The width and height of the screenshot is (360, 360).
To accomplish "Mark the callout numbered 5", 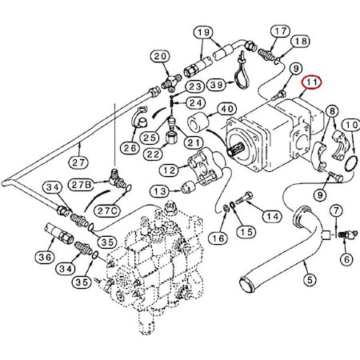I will [310, 281].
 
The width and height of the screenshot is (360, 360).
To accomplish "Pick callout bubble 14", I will [271, 216].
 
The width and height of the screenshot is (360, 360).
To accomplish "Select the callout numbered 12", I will [169, 170].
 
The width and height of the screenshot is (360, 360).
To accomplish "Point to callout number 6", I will [346, 259].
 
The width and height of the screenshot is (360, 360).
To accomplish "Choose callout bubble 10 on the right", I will [350, 125].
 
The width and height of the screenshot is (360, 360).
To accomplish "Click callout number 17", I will [280, 31].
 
